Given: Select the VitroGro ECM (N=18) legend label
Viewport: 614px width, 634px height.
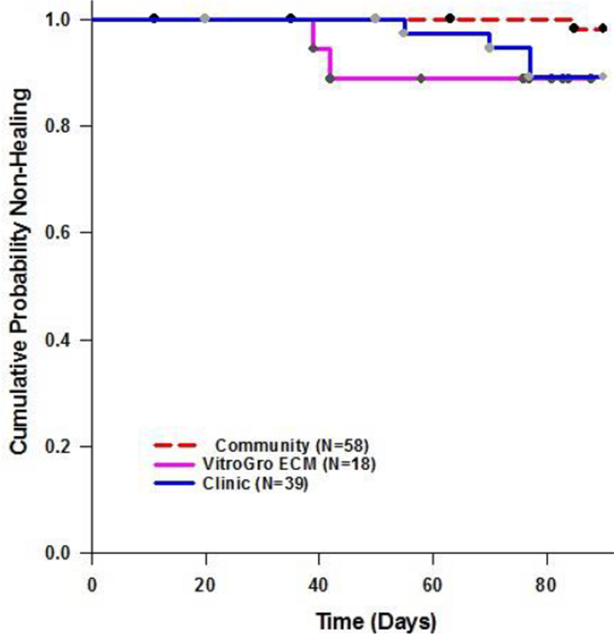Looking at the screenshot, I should (268, 464).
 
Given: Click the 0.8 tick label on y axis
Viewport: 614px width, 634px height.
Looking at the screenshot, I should (68, 126).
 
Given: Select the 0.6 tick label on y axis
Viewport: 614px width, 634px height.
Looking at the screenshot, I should (68, 233).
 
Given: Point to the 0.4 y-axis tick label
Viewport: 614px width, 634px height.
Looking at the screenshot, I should (68, 339).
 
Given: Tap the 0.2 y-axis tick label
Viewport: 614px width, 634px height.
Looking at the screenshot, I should (68, 446).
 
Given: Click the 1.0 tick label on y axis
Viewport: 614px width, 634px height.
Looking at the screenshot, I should (68, 19).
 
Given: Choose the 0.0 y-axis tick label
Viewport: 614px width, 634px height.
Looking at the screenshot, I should (68, 553).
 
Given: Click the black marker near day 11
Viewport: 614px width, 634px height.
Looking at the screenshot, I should (154, 18).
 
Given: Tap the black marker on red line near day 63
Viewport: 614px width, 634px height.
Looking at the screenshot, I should (450, 18).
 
